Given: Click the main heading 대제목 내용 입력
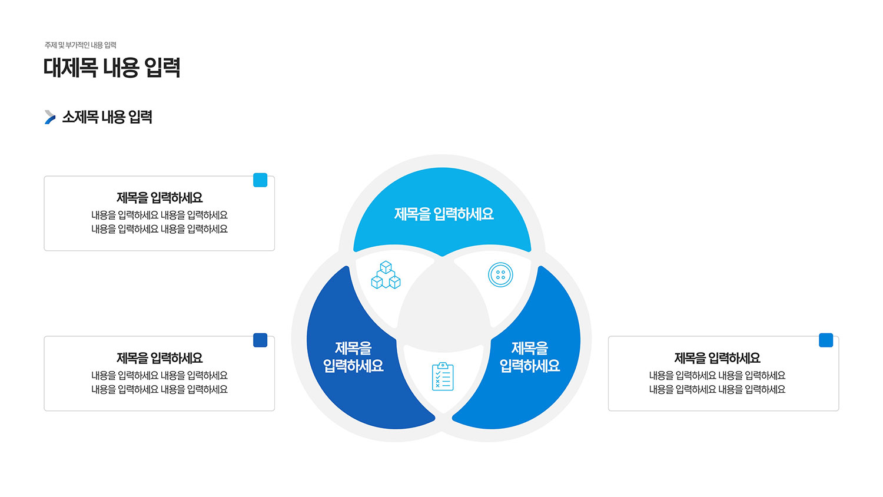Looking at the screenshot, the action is click(x=112, y=68).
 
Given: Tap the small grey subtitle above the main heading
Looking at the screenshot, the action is click(x=81, y=45).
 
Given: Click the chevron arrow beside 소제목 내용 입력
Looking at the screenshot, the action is click(x=50, y=117).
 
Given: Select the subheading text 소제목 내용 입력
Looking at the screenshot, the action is click(x=107, y=117).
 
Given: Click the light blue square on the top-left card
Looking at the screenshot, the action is click(x=260, y=180).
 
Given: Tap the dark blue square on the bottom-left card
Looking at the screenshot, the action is click(x=260, y=340).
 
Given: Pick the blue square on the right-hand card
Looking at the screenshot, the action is click(x=826, y=340).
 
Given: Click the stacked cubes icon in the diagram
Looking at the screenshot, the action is click(x=386, y=275).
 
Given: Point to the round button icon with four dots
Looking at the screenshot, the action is click(x=500, y=274).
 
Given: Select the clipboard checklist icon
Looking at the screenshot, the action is click(x=443, y=377).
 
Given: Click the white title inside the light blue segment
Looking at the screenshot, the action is click(x=444, y=214).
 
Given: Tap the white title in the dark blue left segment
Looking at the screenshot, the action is click(x=353, y=357).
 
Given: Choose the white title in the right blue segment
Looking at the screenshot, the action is click(x=530, y=357).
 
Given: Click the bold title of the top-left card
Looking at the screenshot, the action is click(x=160, y=198).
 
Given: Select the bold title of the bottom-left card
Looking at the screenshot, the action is click(x=160, y=358).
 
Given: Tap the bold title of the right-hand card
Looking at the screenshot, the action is click(x=718, y=358).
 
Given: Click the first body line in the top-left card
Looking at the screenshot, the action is click(x=160, y=216).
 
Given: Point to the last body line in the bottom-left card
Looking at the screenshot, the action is click(x=160, y=390).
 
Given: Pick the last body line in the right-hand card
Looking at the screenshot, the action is click(x=718, y=390).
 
